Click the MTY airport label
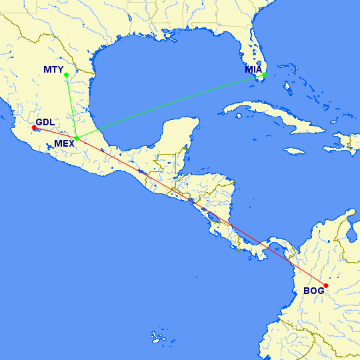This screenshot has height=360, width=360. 53,69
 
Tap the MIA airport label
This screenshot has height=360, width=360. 253,69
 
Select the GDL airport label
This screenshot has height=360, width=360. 46,122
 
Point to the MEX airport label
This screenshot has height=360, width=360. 65,143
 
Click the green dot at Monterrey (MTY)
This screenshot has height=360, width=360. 66,83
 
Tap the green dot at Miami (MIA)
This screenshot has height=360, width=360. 264,75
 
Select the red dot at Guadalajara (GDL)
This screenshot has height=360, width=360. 34,127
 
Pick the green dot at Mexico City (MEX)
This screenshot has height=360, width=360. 77,138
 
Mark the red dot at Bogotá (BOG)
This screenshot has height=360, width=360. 326,285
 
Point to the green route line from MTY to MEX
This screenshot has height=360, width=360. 71,111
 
